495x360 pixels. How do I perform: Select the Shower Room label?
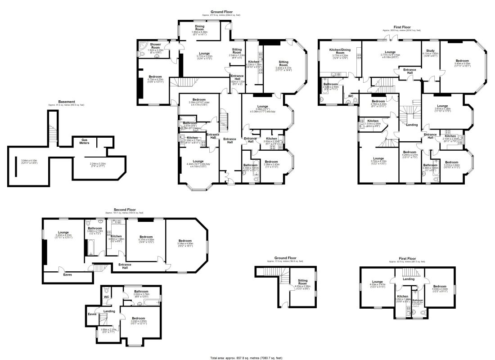point(155,47)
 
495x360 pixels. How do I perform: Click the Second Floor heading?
point(124,210)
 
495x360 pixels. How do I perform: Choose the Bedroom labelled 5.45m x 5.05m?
point(462,61)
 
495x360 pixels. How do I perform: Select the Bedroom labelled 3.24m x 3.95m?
point(138,320)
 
